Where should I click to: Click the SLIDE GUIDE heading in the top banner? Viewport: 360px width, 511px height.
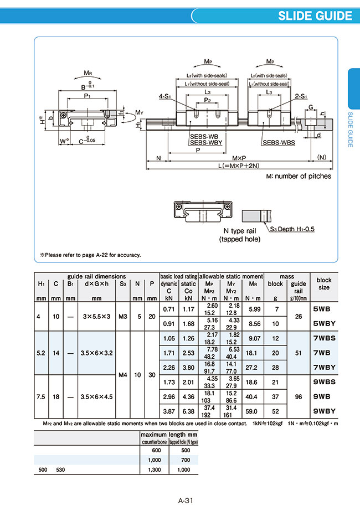(x=315, y=15)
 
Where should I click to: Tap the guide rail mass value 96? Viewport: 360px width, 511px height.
(x=299, y=396)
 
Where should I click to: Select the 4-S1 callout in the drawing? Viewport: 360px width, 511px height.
(x=164, y=96)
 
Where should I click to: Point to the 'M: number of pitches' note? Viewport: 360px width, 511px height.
(x=299, y=177)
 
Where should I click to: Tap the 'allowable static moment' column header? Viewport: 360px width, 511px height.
(x=231, y=276)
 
